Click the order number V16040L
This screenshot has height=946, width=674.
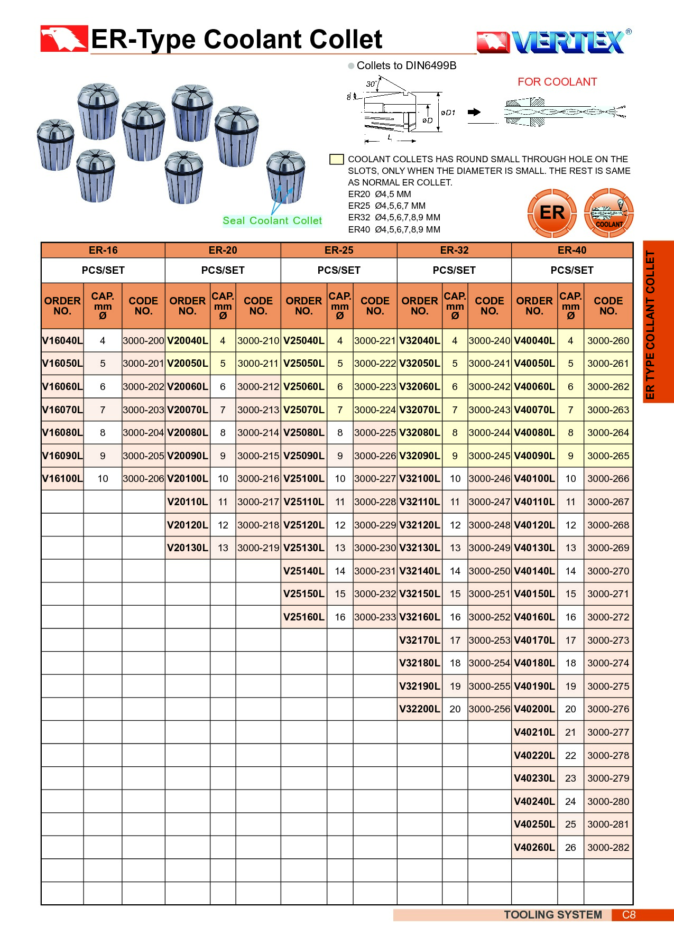pos(62,341)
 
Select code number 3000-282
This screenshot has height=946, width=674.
pos(608,848)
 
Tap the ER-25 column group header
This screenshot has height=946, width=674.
pos(339,251)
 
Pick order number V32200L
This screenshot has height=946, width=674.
pos(419,709)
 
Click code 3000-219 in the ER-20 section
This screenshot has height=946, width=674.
pos(258,548)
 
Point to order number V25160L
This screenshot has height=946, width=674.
pos(303,617)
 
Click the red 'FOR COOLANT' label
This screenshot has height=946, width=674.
pos(557,82)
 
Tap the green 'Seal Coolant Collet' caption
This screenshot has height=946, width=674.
pos(272,221)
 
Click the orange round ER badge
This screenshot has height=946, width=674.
pos(552,213)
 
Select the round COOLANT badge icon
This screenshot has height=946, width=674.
pos(608,213)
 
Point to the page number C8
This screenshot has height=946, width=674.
pos(629,915)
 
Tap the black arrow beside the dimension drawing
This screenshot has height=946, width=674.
pos(474,112)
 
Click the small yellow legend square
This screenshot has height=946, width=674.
pos(336,159)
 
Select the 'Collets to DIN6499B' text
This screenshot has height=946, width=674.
pos(406,66)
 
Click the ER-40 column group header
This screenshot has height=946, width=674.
pos(571,251)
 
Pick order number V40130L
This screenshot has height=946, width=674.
pos(534,548)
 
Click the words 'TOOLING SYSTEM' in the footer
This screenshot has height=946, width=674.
pos(552,915)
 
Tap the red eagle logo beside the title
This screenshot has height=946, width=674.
pos(64,39)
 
